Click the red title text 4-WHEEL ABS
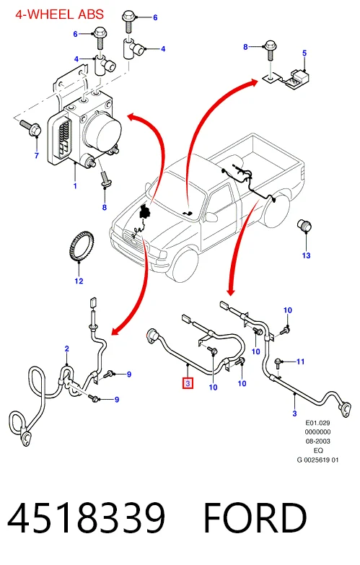click(59, 14)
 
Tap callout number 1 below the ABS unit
click(75, 186)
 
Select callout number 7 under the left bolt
click(36, 156)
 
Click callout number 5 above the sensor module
click(304, 53)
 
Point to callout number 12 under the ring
click(79, 281)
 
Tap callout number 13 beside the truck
click(307, 255)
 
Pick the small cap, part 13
click(304, 225)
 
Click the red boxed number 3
click(188, 383)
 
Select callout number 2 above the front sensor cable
click(66, 349)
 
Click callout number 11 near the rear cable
click(301, 362)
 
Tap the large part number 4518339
click(87, 518)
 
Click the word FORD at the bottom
click(255, 518)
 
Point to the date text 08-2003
click(317, 441)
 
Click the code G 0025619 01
click(317, 460)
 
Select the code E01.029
click(317, 423)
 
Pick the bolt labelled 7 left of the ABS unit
click(30, 128)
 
